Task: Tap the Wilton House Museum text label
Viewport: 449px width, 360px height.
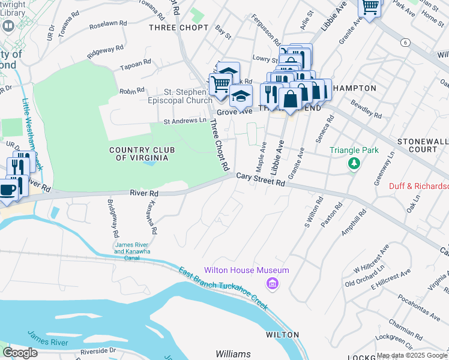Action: tap(247, 271)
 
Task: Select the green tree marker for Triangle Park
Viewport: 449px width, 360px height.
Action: tap(354, 163)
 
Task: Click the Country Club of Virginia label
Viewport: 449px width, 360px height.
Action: tap(138, 154)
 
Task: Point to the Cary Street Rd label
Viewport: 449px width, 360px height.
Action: tap(260, 179)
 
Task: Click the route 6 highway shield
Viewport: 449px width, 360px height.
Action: tap(406, 42)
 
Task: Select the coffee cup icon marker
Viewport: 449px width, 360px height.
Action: tap(7, 190)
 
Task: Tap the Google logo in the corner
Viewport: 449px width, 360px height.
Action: tap(20, 353)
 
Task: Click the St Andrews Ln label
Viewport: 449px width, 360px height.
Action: tap(186, 121)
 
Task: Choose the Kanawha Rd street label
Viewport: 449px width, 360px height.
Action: tap(150, 217)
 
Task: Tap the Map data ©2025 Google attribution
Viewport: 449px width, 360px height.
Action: tap(412, 355)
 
